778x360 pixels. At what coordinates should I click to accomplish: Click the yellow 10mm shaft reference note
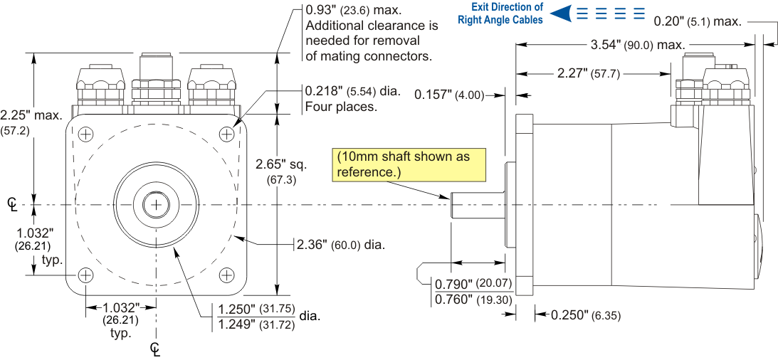point(408,165)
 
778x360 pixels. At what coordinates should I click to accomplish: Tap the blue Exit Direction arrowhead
point(562,14)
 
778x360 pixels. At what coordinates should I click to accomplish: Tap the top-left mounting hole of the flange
point(85,134)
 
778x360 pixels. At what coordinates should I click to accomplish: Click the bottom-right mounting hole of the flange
point(226,275)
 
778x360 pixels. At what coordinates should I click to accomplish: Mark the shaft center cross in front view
point(156,204)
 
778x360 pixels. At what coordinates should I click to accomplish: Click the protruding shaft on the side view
point(477,204)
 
